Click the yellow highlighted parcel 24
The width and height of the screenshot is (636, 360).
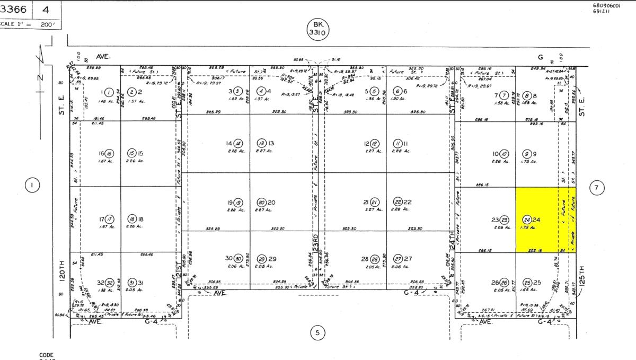pos(545,219)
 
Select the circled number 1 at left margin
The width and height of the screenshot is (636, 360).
pos(32,185)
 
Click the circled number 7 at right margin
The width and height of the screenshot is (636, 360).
pos(597,188)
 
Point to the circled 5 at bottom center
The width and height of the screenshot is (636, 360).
pos(317,333)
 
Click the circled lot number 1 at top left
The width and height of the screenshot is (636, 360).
pos(109,91)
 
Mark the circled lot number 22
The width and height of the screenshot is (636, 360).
pos(399,202)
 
